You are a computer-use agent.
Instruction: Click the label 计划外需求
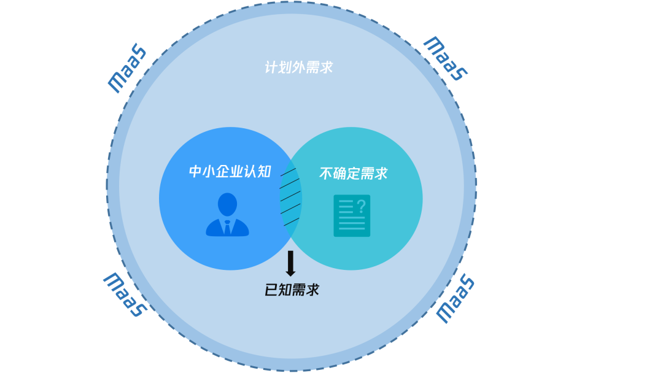[299, 67]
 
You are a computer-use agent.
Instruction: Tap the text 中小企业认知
[230, 172]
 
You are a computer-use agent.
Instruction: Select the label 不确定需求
[354, 174]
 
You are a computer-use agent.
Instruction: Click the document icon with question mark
[352, 215]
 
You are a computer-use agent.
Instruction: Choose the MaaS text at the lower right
[456, 299]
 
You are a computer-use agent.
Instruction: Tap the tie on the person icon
[227, 228]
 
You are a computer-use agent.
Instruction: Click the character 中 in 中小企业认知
[195, 172]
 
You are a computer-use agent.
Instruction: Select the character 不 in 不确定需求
[326, 174]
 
